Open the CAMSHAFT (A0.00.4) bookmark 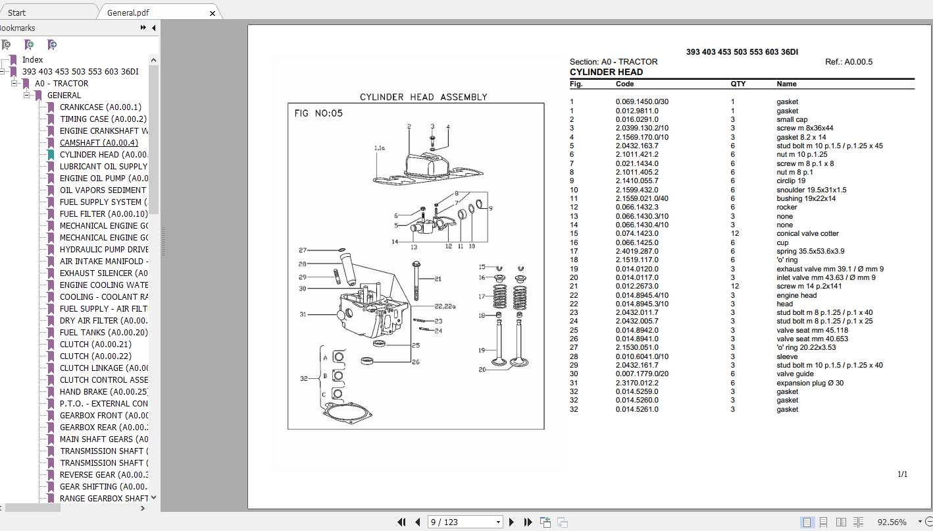99,143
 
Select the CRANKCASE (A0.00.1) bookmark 100,107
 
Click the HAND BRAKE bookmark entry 103,392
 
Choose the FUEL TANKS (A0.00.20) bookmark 104,333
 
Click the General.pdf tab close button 213,13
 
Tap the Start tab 17,13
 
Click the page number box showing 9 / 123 464,522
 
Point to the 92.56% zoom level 892,522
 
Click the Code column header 624,84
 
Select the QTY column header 738,84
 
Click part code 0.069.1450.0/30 642,102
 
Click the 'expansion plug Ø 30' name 810,383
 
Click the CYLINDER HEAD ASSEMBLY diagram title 423,97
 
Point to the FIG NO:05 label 318,113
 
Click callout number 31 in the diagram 303,315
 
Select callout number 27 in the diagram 303,250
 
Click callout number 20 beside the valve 482,370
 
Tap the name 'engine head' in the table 796,295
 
